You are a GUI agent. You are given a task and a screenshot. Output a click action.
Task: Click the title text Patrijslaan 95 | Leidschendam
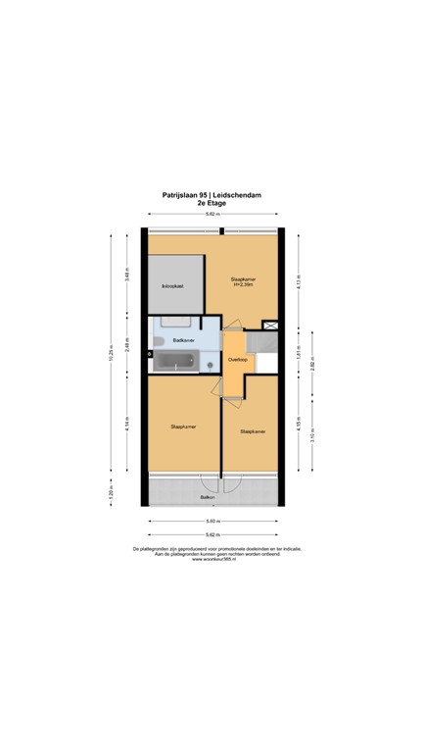211,194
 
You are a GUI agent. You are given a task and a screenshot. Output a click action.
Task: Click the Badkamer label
183,340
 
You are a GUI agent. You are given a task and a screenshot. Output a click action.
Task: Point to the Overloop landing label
236,360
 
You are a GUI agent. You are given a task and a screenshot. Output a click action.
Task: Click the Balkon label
208,498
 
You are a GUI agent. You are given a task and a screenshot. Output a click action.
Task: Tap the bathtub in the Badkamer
176,363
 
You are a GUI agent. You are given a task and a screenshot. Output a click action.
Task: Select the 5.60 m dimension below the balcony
211,522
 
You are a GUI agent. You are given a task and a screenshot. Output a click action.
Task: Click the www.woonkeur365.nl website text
211,559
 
